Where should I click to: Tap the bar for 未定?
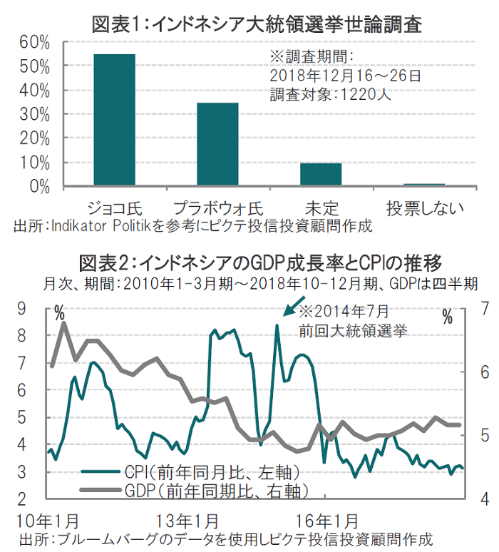pos(321,174)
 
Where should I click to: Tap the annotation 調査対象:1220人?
pos(330,93)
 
